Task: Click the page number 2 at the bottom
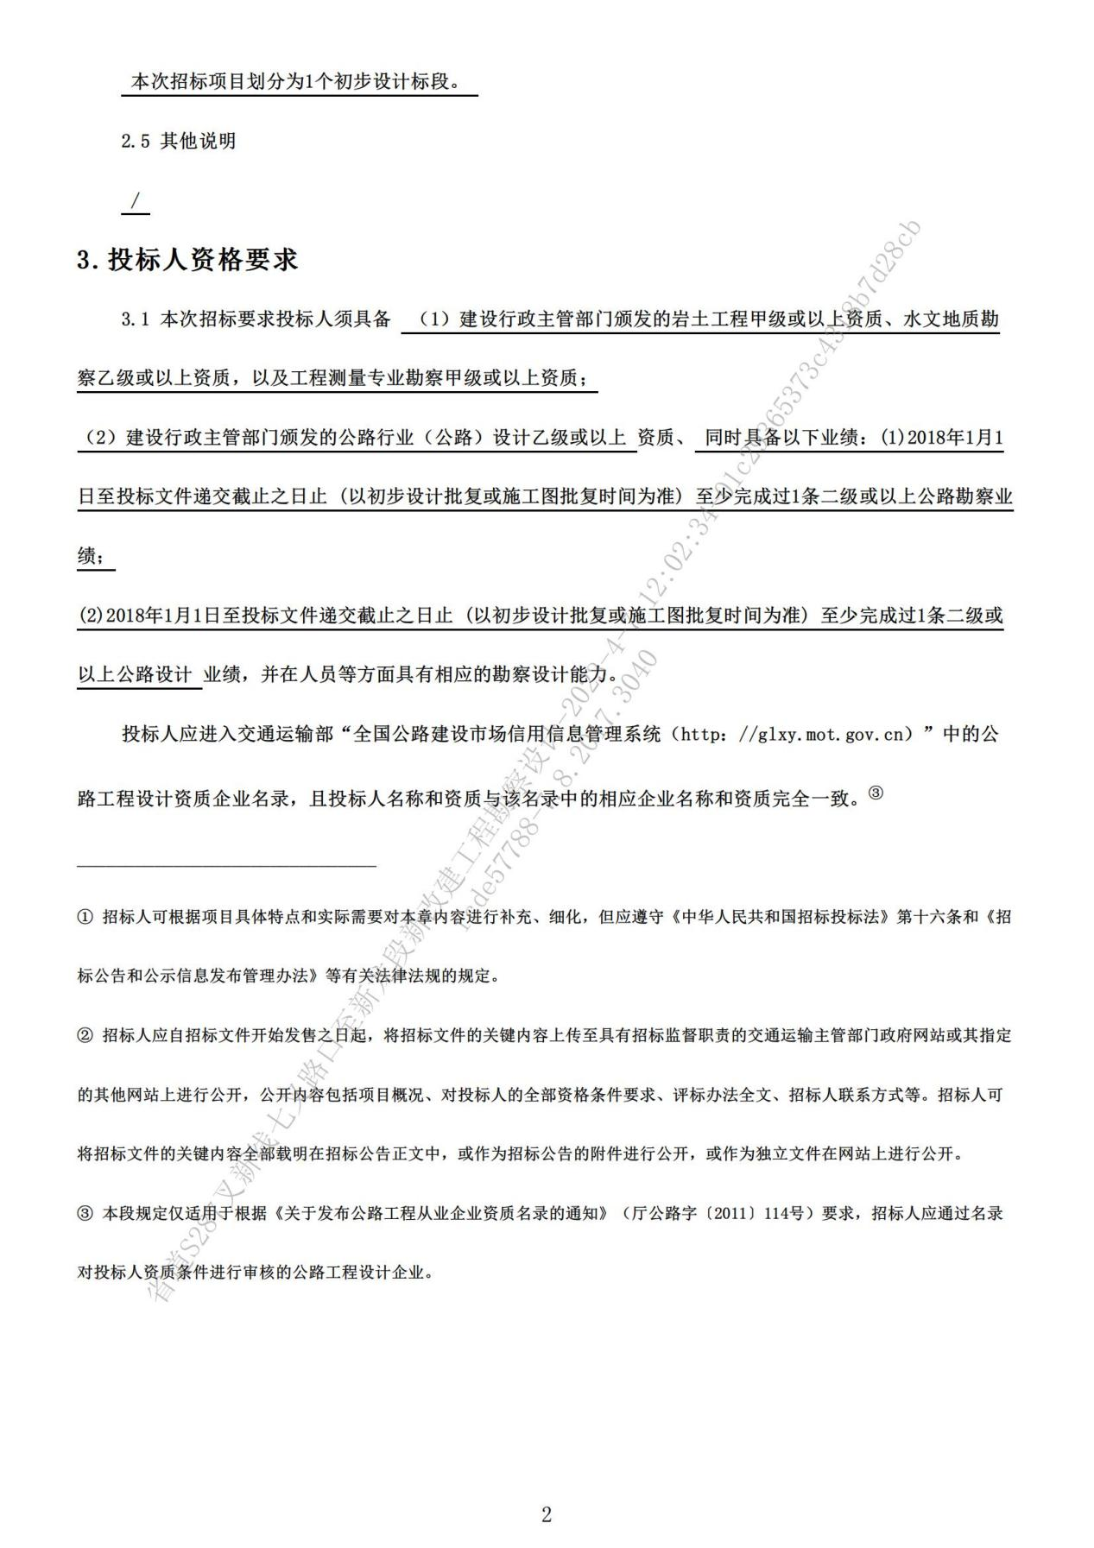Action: point(546,1514)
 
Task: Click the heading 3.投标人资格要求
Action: point(187,260)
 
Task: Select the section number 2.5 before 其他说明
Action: point(136,142)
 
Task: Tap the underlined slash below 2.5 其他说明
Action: point(135,201)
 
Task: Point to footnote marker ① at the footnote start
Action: point(85,917)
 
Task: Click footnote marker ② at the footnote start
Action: point(85,1035)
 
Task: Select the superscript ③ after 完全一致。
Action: point(876,793)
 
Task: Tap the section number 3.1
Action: point(136,319)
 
